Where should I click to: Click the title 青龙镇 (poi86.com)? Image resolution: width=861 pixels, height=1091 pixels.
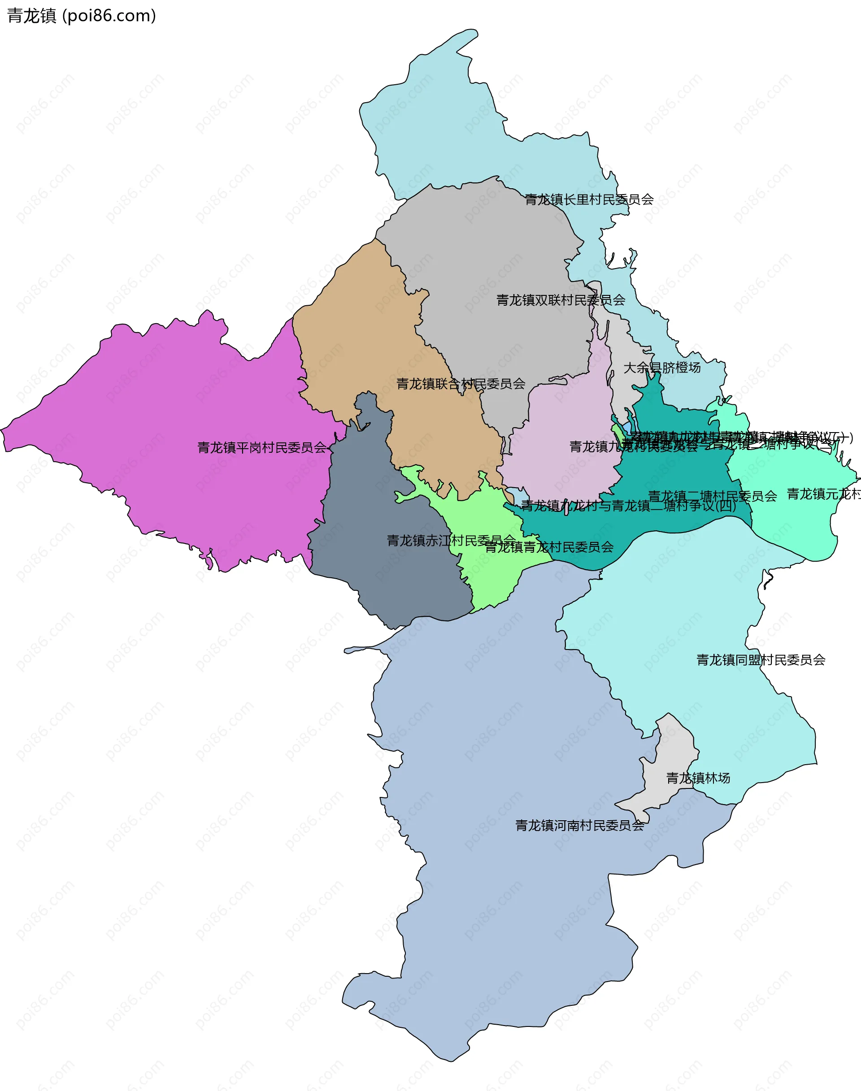81,16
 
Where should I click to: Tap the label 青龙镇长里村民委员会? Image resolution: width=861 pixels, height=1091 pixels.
589,200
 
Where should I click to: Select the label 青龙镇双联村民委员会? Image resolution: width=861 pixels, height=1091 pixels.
561,300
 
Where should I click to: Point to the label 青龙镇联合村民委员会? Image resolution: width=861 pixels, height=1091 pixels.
461,384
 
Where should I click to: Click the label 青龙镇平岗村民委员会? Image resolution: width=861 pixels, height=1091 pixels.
261,447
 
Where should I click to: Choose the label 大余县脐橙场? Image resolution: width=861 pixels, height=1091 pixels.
662,368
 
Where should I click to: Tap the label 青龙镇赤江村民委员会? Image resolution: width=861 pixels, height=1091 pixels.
451,541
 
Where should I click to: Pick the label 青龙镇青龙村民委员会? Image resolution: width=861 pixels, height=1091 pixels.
549,547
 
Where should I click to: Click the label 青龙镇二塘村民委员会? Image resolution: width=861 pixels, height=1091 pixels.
712,496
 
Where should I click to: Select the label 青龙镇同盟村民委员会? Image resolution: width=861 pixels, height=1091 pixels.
761,660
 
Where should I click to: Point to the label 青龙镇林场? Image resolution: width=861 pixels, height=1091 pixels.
698,778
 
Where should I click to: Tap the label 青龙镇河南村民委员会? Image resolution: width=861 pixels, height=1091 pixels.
579,826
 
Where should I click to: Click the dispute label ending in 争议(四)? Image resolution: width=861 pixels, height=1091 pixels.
628,506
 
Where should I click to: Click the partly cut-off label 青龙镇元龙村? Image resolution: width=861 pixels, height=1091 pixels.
823,494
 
